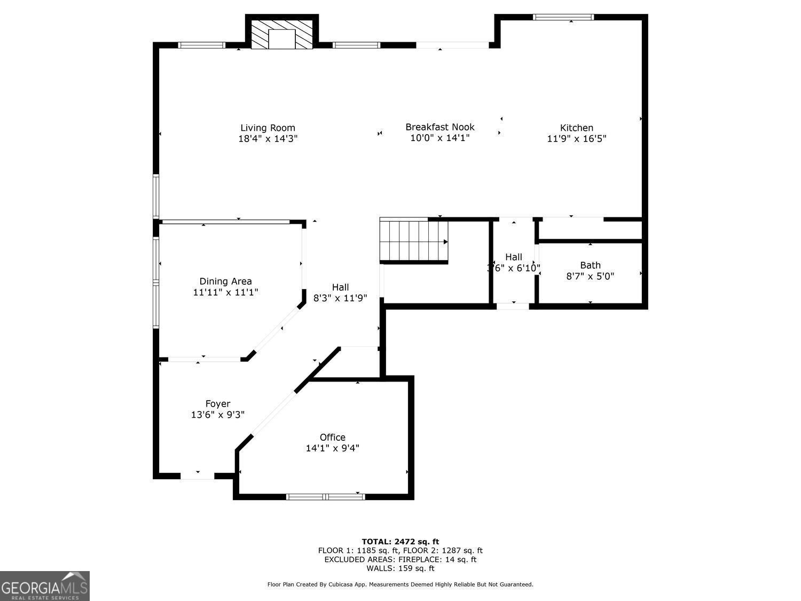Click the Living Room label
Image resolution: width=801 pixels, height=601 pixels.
(x=268, y=128)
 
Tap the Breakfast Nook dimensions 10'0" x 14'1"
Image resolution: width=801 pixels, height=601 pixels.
(x=439, y=138)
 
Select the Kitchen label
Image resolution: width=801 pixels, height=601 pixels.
(x=576, y=128)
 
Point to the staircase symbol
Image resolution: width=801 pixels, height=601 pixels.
(x=414, y=240)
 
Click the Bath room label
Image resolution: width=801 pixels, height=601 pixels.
(x=590, y=265)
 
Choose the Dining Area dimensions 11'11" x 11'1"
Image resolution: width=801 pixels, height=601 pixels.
(x=225, y=292)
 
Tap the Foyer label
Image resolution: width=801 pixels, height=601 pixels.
(x=218, y=404)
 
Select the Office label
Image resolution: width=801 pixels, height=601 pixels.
(x=332, y=437)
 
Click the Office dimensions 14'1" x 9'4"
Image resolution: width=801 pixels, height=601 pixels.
(x=332, y=448)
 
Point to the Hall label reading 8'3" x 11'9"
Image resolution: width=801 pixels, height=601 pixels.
(x=340, y=287)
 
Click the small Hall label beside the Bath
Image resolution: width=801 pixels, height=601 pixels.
(x=513, y=257)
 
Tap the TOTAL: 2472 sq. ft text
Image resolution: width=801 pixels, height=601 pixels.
(x=400, y=541)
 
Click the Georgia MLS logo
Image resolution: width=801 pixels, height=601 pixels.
(x=45, y=586)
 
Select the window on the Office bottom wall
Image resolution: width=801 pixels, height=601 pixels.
(x=326, y=497)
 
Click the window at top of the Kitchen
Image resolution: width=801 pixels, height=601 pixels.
(x=563, y=17)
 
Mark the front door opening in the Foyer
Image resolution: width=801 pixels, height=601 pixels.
(x=197, y=475)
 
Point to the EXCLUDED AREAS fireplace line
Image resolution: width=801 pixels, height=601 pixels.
(x=400, y=559)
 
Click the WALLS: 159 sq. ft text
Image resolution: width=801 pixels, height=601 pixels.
(x=400, y=568)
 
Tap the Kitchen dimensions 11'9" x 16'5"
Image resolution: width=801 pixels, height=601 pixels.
(x=576, y=139)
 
